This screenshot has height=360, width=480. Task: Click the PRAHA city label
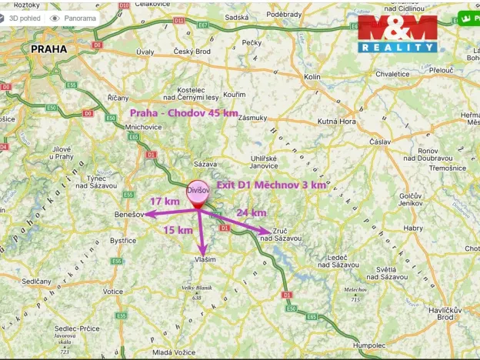[x=49, y=48]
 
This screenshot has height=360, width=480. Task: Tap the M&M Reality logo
[x=398, y=33]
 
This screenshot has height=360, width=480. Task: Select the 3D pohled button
[x=21, y=18]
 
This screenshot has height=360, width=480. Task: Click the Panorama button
[x=73, y=18]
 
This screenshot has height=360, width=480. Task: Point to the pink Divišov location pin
[x=198, y=193]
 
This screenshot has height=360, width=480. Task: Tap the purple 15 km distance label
[x=178, y=229]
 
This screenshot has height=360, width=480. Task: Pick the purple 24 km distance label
[x=251, y=212]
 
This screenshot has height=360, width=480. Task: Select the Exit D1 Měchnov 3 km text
[x=272, y=185]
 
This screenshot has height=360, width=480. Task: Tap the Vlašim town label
[x=204, y=260]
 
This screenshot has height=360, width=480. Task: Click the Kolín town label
[x=312, y=77]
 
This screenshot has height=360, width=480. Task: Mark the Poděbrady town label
[x=284, y=14]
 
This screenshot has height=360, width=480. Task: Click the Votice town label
[x=113, y=292]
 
